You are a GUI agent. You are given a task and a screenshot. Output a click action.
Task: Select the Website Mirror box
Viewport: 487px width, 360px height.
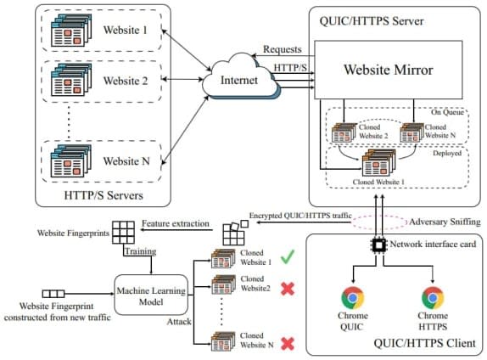(389, 70)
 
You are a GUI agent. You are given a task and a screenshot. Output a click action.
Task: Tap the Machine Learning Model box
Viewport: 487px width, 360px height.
(151, 295)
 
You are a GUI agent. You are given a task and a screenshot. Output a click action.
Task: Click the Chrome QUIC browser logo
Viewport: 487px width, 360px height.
(352, 298)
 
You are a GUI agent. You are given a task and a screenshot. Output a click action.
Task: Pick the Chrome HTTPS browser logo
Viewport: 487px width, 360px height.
(433, 298)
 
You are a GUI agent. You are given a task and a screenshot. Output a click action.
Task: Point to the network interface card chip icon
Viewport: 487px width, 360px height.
(378, 245)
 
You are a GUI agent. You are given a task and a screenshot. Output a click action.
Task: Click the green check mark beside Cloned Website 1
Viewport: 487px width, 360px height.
(288, 257)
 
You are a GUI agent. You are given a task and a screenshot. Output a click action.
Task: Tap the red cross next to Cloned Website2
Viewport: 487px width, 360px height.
(288, 289)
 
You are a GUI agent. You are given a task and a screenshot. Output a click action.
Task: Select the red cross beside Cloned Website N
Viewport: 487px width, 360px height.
(288, 344)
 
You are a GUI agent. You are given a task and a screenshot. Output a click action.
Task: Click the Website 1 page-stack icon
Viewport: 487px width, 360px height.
(71, 31)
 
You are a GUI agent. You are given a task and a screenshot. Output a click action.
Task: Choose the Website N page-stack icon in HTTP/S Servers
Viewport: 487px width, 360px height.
(71, 161)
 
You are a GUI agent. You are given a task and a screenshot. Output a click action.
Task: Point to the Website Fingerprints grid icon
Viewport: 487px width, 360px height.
(123, 233)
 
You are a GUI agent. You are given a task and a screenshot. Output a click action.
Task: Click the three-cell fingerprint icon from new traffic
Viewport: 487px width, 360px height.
(53, 294)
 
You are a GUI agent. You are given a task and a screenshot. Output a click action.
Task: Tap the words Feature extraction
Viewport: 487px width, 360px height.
(176, 223)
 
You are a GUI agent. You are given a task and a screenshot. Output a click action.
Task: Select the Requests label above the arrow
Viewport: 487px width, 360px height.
(283, 49)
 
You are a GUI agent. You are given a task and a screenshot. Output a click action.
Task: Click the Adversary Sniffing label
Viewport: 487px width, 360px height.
(445, 222)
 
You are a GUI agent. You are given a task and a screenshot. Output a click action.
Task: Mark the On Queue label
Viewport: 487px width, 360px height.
(447, 112)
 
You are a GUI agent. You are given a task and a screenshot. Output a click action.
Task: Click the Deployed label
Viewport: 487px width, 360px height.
(447, 153)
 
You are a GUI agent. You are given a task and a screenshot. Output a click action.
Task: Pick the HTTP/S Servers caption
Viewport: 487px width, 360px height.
(104, 195)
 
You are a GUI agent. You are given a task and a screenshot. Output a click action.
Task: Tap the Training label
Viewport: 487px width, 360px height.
(140, 251)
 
